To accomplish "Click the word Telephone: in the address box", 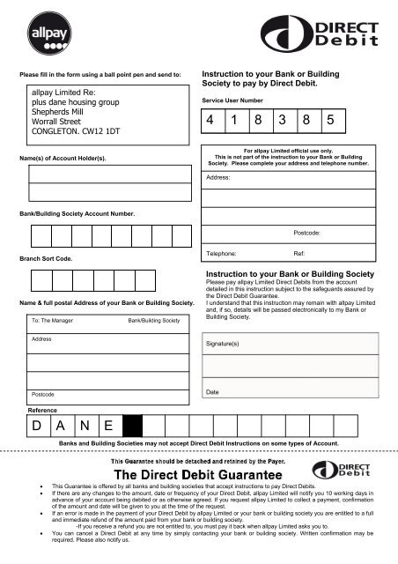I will pos(221,252).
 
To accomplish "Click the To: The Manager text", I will pos(51,322).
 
